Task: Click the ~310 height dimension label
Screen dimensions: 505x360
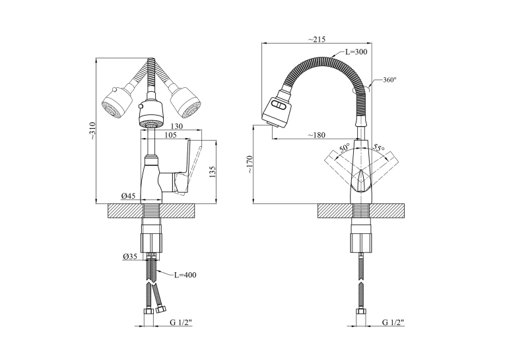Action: (x=93, y=131)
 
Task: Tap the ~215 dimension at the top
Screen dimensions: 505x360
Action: (x=317, y=40)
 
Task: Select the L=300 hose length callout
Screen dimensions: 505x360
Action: (x=356, y=52)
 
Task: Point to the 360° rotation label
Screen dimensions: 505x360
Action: (x=389, y=80)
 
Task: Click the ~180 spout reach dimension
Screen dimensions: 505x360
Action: (x=316, y=135)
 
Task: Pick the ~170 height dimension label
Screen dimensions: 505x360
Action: (x=250, y=164)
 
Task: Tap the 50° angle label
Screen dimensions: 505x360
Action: (x=345, y=149)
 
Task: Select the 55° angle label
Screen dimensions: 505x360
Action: (x=379, y=148)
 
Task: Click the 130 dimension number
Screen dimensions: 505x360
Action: (x=176, y=126)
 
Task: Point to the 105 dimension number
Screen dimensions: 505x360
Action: (x=170, y=135)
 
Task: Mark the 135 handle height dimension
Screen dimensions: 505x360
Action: (x=213, y=172)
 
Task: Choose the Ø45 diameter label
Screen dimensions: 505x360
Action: (x=129, y=196)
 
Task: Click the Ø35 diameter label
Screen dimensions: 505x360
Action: (x=130, y=256)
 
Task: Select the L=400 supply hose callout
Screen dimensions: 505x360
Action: (x=185, y=275)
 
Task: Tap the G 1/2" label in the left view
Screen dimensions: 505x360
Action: (x=181, y=322)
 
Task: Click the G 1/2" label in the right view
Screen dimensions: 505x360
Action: (x=393, y=322)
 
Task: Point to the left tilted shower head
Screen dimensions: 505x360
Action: (x=117, y=103)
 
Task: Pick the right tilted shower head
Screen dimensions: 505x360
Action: (x=186, y=103)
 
